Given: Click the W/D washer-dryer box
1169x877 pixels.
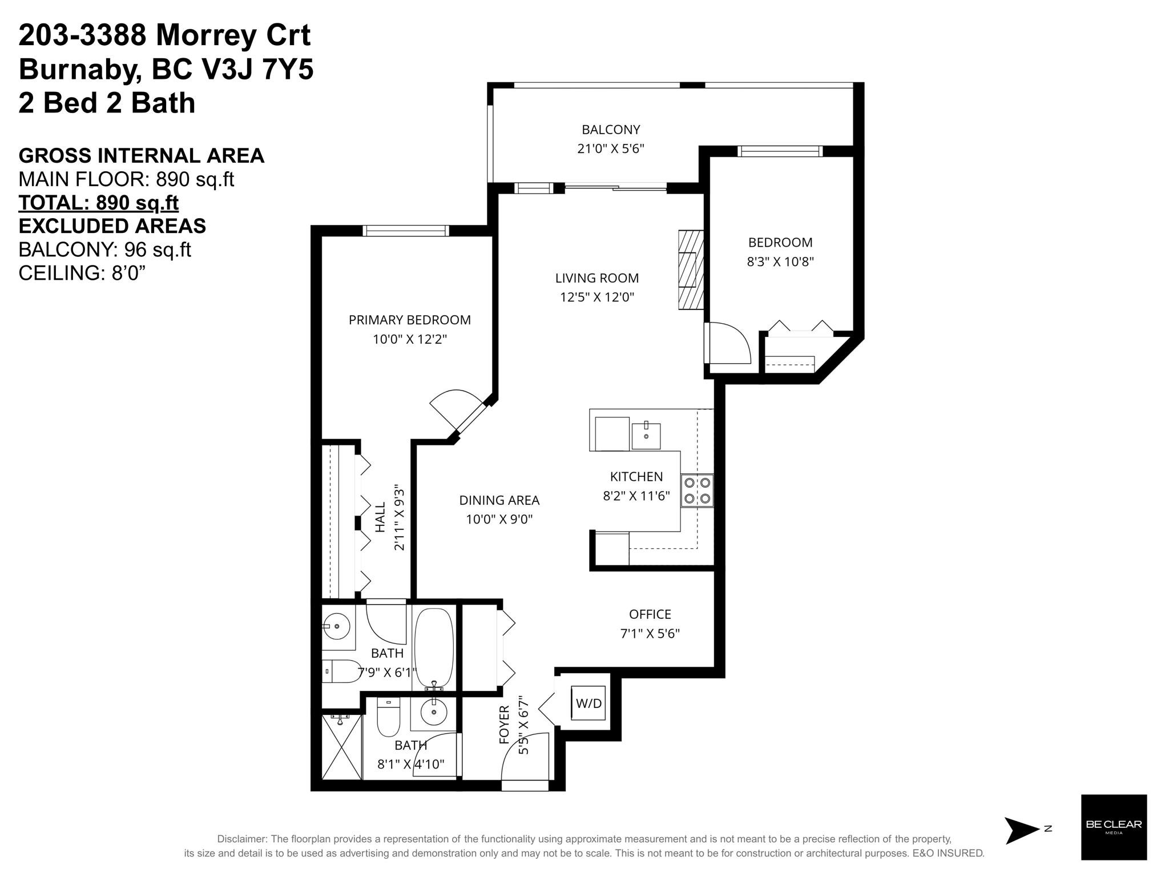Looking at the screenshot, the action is (588, 703).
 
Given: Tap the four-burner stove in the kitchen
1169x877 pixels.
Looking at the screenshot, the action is (697, 490).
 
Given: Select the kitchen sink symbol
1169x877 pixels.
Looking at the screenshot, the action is (646, 436).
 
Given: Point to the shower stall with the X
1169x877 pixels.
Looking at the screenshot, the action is (342, 746).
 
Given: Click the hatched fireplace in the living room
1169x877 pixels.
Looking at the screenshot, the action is (691, 270).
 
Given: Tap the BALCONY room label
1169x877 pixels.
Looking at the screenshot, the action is (611, 130).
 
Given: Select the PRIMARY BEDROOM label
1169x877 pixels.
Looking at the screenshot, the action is (410, 320).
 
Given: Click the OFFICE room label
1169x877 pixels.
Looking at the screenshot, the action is (650, 614).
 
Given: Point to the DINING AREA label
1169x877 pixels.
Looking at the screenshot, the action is (499, 500).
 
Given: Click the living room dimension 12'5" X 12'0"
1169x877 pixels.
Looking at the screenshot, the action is (597, 297).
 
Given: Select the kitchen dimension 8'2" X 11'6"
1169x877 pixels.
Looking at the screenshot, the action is (636, 496).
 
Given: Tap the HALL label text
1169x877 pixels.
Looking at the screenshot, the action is (380, 517).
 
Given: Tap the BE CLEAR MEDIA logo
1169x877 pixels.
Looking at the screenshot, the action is (1114, 827).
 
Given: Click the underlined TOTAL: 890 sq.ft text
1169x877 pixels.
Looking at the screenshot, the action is (99, 203).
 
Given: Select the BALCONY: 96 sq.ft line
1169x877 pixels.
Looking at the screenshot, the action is (105, 250).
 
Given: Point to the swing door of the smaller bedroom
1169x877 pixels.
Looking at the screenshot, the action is (728, 343).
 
